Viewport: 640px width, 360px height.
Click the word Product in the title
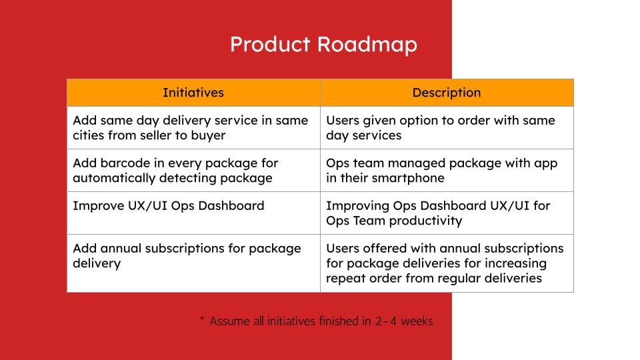(x=270, y=44)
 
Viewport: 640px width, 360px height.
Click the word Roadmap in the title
(x=367, y=45)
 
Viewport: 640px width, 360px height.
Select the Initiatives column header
(x=193, y=93)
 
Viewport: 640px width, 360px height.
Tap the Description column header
(x=447, y=93)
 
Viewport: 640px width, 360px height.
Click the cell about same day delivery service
(x=193, y=128)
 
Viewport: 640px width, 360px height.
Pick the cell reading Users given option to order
(x=447, y=128)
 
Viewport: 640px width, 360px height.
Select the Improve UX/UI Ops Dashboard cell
(x=193, y=213)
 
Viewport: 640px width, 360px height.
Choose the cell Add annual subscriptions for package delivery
(x=193, y=263)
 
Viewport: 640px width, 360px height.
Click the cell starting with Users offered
(x=447, y=263)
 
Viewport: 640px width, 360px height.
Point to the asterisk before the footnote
(x=202, y=319)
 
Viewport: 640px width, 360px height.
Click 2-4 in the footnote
(x=386, y=321)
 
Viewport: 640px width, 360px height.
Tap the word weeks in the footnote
(x=417, y=321)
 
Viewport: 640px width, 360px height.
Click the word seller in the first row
(x=155, y=135)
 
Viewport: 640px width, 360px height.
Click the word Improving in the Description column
(x=357, y=206)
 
